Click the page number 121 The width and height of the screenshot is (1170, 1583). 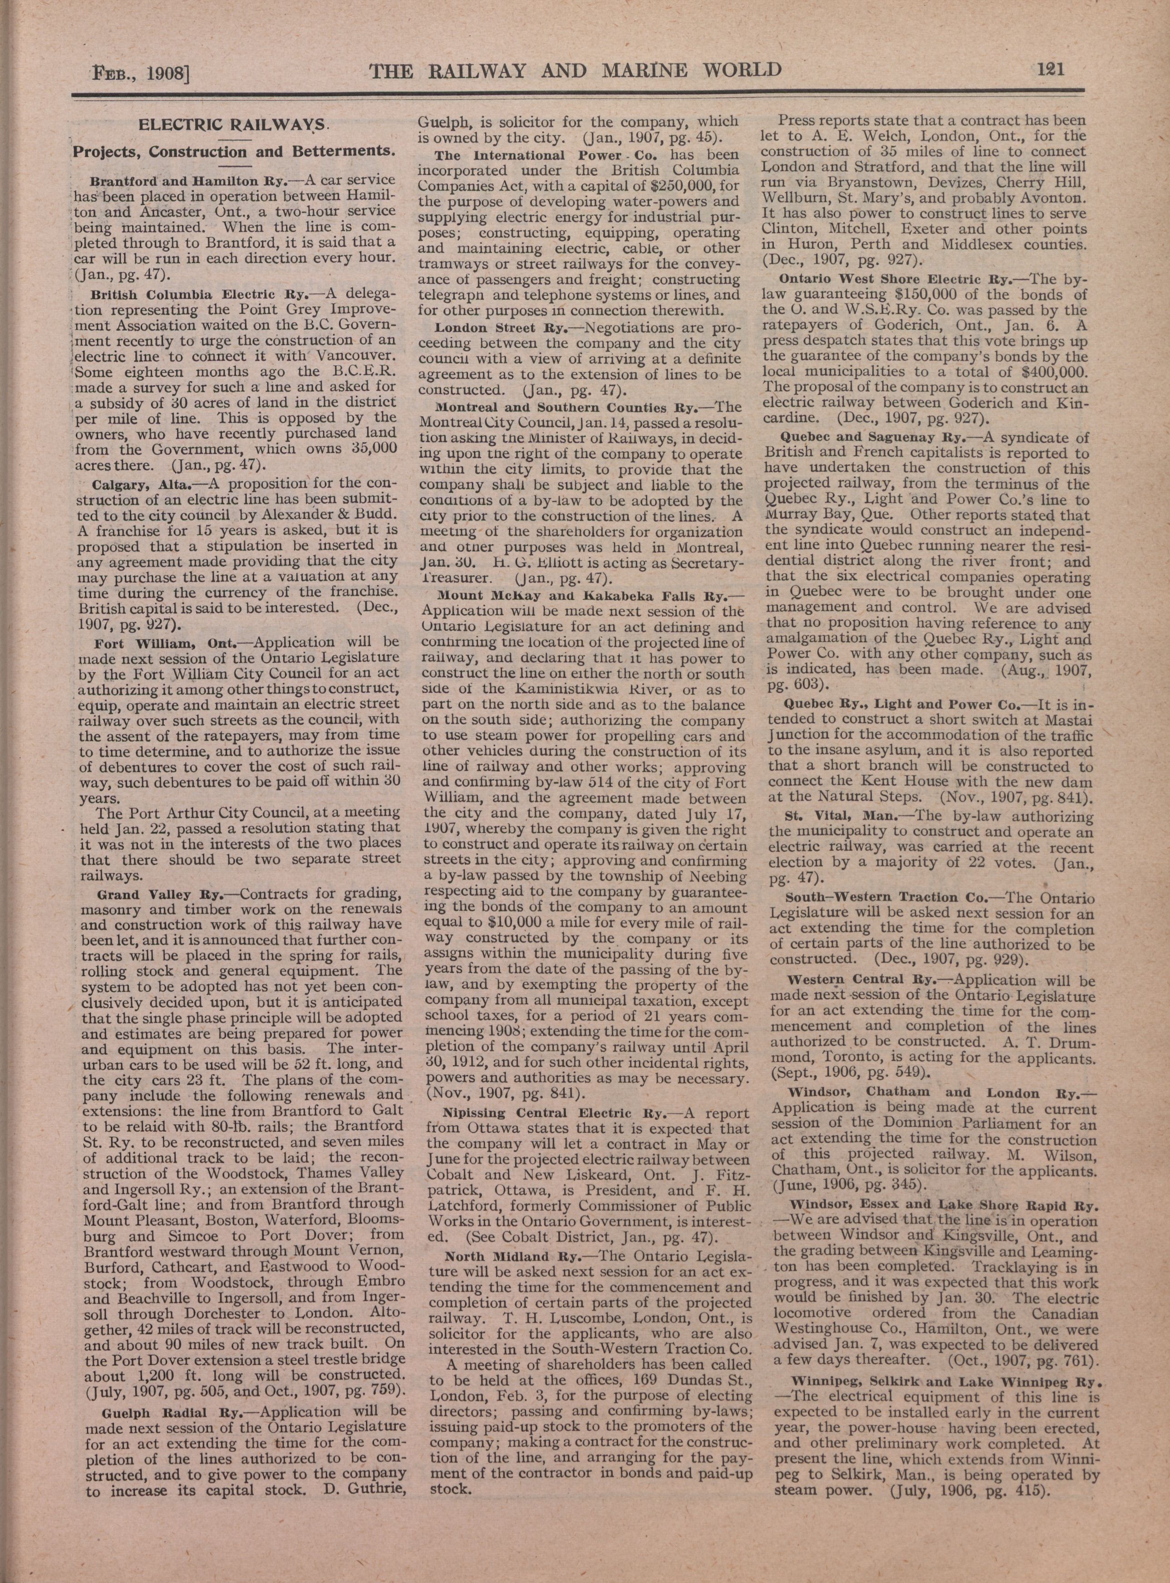tap(1051, 69)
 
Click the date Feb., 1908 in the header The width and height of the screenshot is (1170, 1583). tap(139, 73)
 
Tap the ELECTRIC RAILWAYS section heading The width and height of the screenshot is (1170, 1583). tap(233, 125)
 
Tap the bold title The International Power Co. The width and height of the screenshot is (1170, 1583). tap(546, 155)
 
